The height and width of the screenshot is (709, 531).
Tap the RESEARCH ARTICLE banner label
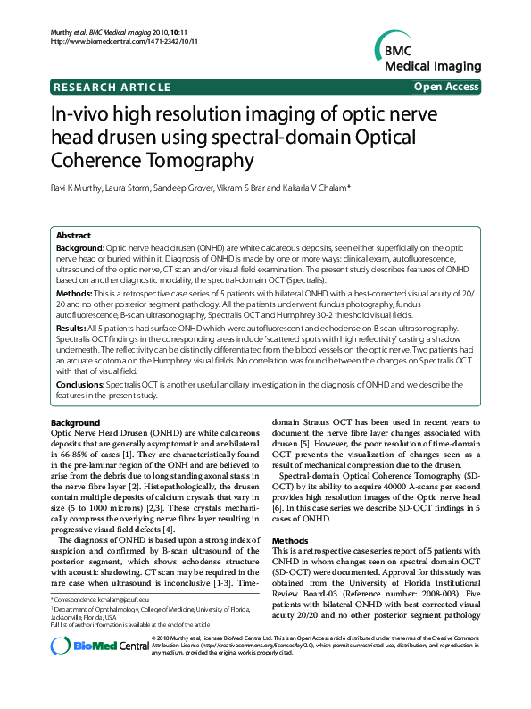[112, 87]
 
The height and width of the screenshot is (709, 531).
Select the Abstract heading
[75, 234]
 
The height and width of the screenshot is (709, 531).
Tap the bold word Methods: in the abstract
[73, 293]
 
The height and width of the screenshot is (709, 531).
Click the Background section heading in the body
[75, 422]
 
